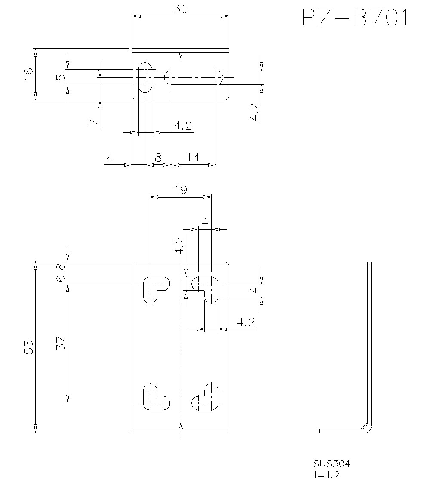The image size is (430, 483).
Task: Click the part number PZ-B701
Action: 355,19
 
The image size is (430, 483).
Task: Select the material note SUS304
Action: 332,464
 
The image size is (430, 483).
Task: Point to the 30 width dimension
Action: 180,9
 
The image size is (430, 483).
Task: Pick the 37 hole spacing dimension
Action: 61,343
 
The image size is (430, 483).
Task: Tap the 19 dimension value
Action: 181,190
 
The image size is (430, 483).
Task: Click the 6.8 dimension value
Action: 61,272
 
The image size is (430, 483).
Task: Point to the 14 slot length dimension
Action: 193,158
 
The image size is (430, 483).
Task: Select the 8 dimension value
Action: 158,158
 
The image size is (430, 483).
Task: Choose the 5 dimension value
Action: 61,77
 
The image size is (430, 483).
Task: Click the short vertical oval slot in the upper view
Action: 146,77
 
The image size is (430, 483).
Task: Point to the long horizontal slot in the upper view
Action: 193,77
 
